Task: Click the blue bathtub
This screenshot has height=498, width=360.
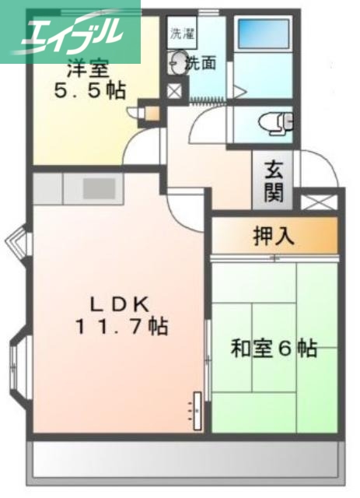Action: tap(264, 37)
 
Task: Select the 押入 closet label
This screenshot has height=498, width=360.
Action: tap(273, 236)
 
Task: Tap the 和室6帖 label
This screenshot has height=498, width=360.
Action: tap(274, 349)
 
